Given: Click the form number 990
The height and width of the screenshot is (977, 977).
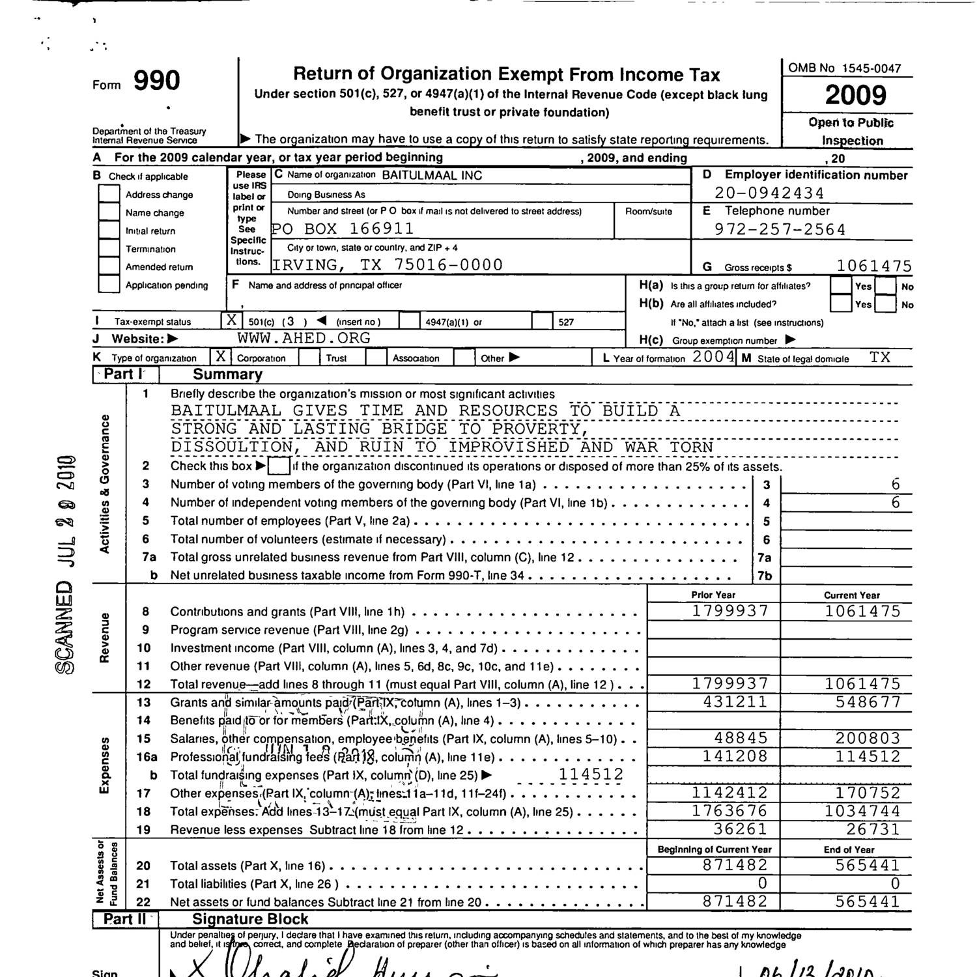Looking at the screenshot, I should tap(156, 81).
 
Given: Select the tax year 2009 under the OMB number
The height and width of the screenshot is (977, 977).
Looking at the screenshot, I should tap(855, 96).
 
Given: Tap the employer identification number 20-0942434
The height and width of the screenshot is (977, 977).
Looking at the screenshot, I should tap(769, 193).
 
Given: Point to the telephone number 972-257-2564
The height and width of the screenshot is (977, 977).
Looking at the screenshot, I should tap(780, 230).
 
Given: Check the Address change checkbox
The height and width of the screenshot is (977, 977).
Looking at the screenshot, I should tap(109, 194).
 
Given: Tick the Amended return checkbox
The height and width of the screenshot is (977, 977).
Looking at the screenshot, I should tap(109, 266).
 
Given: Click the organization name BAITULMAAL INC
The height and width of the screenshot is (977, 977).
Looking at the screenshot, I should tap(432, 175).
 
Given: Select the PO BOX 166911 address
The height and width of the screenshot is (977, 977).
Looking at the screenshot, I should tap(343, 229).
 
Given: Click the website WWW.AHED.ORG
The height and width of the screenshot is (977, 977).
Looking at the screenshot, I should tap(304, 338).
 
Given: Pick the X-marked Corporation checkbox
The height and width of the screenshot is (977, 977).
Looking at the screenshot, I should tap(221, 357).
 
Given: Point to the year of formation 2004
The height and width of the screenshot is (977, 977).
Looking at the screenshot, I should tap(713, 357).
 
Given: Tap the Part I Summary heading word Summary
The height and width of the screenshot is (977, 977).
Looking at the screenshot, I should tap(227, 375).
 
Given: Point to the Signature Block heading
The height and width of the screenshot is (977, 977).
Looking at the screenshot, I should tap(250, 920).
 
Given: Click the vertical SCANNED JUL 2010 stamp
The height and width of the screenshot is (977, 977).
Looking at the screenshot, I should tap(66, 563).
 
